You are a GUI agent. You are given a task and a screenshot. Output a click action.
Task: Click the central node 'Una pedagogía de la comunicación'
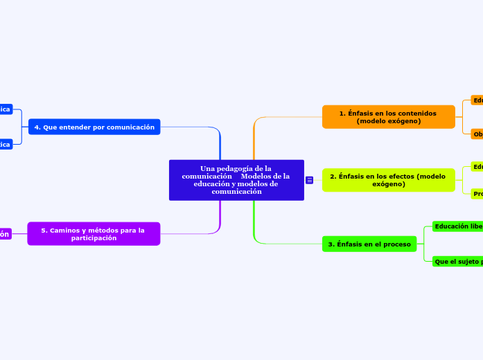[x=236, y=180]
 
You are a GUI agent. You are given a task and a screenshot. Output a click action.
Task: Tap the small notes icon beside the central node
[x=309, y=180]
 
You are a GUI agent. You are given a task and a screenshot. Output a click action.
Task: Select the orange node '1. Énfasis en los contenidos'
[x=388, y=117]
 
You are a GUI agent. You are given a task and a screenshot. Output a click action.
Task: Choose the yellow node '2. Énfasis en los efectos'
[x=388, y=180]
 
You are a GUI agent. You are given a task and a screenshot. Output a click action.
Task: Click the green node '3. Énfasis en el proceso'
[x=369, y=244]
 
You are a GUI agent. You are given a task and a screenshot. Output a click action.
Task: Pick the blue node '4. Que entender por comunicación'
[x=94, y=127]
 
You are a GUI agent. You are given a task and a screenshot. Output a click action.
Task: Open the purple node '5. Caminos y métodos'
[x=94, y=234]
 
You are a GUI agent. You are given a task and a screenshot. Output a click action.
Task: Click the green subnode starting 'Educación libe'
[x=457, y=226]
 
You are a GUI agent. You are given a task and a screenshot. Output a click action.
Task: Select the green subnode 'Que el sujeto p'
[x=457, y=261]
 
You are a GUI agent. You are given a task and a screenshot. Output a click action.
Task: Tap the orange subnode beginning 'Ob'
[x=477, y=134]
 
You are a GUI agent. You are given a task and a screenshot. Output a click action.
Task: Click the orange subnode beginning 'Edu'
[x=477, y=100]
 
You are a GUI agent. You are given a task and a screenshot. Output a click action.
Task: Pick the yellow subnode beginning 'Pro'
[x=477, y=194]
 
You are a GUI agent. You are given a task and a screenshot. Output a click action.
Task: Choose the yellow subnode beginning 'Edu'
[x=477, y=167]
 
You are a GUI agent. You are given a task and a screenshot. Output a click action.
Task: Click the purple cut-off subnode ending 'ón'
[x=5, y=234]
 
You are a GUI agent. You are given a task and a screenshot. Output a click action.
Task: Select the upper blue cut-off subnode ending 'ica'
[x=5, y=109]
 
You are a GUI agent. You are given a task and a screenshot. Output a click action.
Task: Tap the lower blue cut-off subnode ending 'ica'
[x=5, y=144]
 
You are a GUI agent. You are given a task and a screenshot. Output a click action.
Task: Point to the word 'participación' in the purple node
[x=94, y=238]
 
